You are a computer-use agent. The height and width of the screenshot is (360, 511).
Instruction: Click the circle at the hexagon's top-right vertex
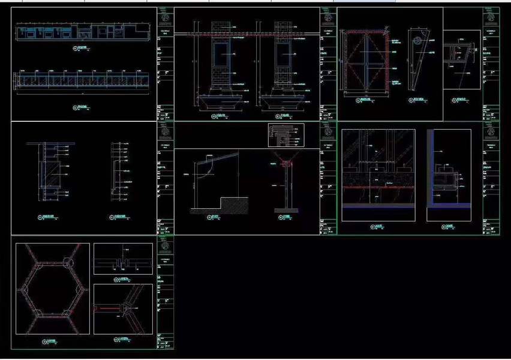point(66,262)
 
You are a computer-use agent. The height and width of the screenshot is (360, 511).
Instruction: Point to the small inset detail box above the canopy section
point(285,135)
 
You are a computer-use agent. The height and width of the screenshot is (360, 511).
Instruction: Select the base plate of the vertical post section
point(287,211)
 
